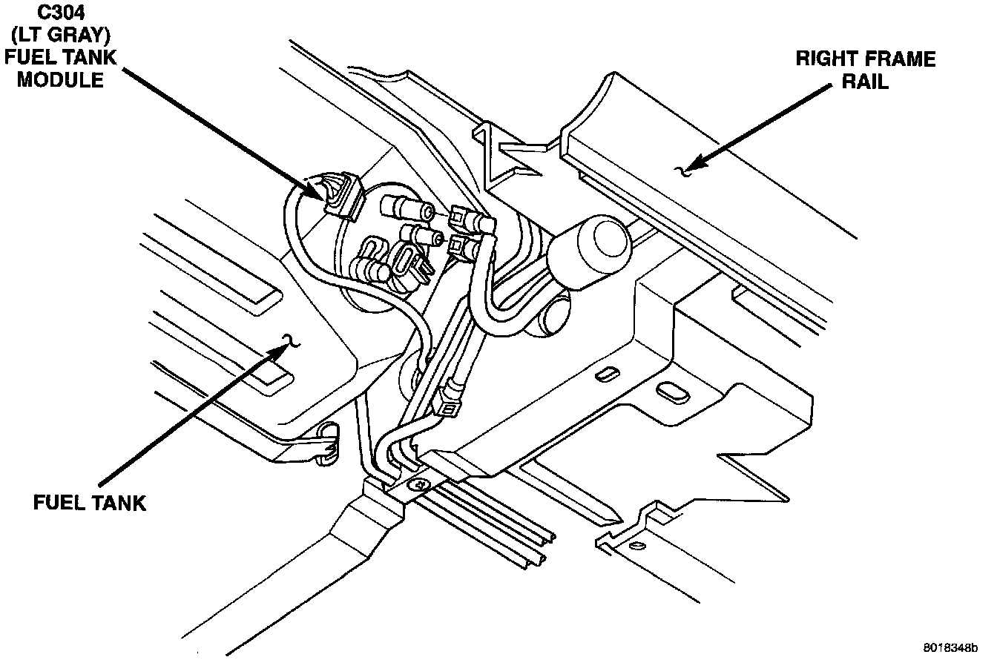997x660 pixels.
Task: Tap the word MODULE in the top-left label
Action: point(60,79)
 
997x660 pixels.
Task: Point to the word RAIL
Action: point(865,81)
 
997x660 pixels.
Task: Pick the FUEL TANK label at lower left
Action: point(90,503)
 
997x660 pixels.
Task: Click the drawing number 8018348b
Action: point(951,647)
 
